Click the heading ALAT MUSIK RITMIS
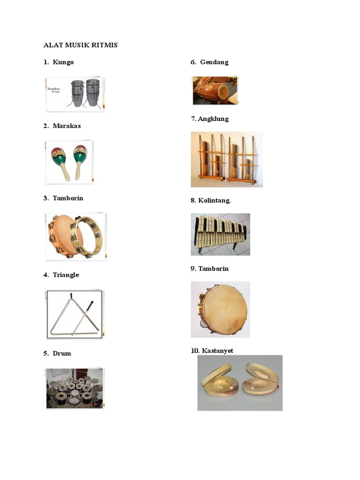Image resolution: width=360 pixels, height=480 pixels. [x=81, y=45]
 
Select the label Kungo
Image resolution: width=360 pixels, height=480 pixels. [x=63, y=62]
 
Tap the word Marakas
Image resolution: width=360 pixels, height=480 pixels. [x=67, y=126]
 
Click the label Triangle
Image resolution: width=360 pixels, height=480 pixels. [x=66, y=275]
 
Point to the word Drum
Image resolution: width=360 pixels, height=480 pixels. [x=62, y=353]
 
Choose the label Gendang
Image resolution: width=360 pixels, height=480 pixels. [x=214, y=62]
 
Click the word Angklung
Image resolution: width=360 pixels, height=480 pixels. [x=213, y=119]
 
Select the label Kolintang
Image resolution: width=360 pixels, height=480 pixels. [x=214, y=201]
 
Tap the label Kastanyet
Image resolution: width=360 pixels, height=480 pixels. [x=217, y=351]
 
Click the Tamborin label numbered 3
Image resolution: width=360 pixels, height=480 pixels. [x=68, y=198]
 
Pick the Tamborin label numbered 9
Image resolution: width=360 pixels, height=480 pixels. [x=213, y=269]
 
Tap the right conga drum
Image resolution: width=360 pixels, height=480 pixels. [x=93, y=92]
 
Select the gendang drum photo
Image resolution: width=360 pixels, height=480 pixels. [x=215, y=90]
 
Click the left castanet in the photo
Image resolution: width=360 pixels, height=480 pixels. [x=219, y=381]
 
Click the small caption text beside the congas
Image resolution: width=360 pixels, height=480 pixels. [x=54, y=90]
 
